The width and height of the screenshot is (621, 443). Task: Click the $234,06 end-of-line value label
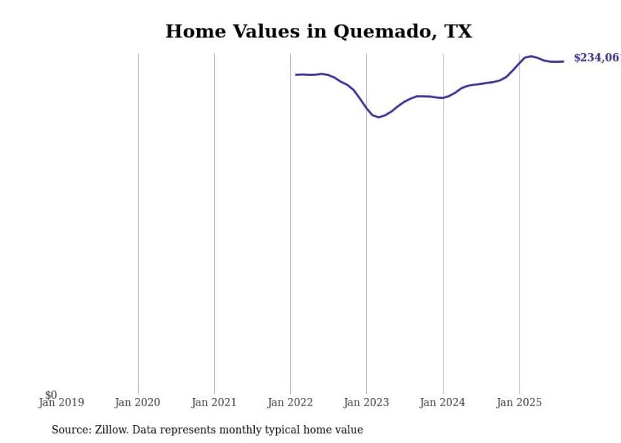tap(596, 58)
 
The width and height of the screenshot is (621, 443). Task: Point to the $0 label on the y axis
tap(51, 395)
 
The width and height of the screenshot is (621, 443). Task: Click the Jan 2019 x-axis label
tap(61, 402)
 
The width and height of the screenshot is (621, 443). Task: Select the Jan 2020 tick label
tap(138, 402)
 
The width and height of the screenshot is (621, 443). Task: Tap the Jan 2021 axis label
tap(214, 402)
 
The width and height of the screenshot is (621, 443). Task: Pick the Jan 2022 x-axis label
tap(290, 402)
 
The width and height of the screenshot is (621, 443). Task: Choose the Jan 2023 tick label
tap(367, 402)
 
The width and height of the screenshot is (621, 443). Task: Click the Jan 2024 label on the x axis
tap(443, 402)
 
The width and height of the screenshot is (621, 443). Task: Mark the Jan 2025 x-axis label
tap(519, 402)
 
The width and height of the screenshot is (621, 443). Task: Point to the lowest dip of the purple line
tap(379, 117)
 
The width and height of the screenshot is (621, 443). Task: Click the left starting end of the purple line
tap(296, 75)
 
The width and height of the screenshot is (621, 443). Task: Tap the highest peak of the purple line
tap(531, 56)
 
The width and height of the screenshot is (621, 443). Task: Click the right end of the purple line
tap(563, 61)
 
